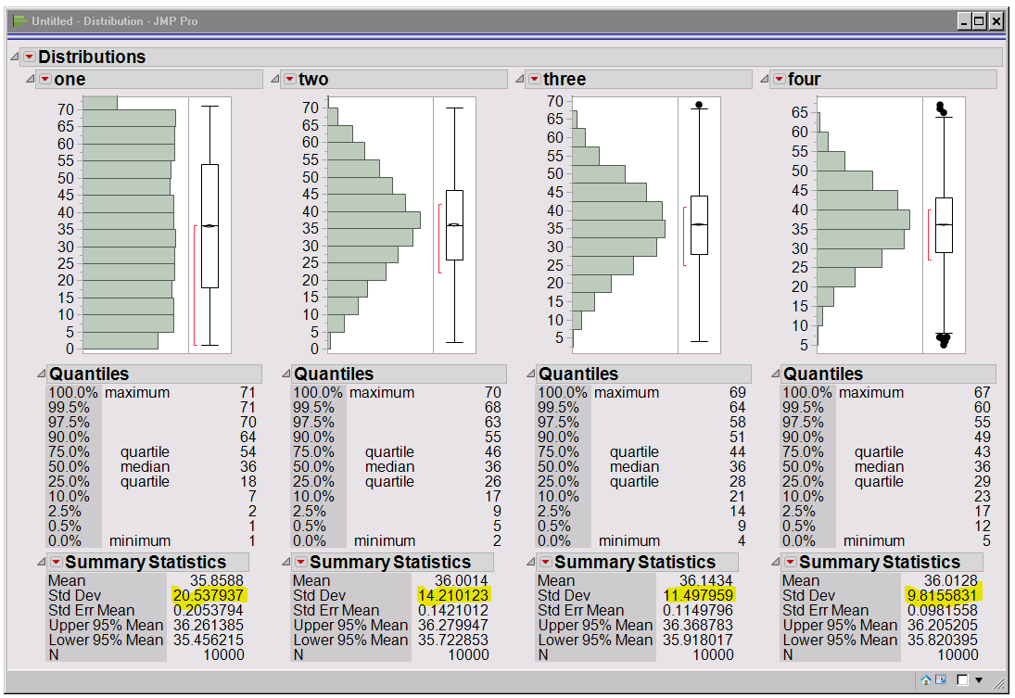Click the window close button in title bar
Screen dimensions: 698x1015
tap(996, 20)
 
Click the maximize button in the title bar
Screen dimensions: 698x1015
tap(980, 20)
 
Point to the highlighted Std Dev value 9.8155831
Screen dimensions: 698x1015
tap(942, 595)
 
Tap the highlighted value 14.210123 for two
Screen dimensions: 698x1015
tap(453, 595)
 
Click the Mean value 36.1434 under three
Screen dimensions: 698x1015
tap(709, 580)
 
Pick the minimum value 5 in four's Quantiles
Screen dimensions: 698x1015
tap(986, 541)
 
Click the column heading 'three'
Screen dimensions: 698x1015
tap(565, 80)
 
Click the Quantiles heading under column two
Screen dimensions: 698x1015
tap(334, 374)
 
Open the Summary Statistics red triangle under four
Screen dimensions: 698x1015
tap(790, 563)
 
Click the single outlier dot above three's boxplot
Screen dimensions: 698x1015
tap(699, 105)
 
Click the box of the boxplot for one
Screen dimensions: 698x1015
tap(209, 226)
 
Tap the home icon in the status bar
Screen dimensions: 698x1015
tap(926, 680)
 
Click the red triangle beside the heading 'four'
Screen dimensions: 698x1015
tap(779, 80)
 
